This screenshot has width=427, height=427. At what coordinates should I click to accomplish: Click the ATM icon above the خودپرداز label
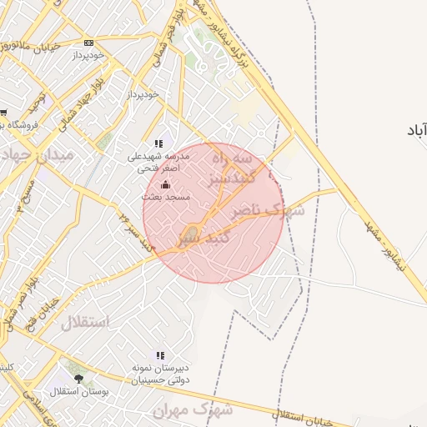click(x=89, y=43)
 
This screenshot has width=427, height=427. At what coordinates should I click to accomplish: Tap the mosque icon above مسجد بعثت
click(x=165, y=185)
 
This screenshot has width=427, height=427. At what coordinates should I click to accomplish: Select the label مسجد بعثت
click(x=165, y=197)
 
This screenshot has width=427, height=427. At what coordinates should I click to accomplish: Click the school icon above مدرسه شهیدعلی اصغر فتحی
click(x=158, y=143)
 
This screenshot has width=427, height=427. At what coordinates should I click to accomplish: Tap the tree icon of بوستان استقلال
click(x=79, y=379)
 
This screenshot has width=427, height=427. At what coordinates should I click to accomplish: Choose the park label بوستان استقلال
click(x=74, y=391)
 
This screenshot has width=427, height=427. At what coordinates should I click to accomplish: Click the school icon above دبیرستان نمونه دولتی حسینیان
click(x=159, y=354)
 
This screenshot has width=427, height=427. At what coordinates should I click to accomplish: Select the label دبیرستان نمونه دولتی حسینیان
click(x=159, y=373)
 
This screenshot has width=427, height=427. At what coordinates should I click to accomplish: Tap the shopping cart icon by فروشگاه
click(x=3, y=113)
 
